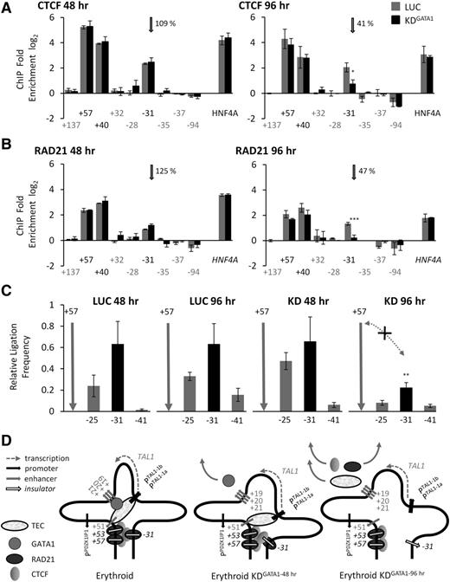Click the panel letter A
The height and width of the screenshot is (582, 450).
coord(6,7)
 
